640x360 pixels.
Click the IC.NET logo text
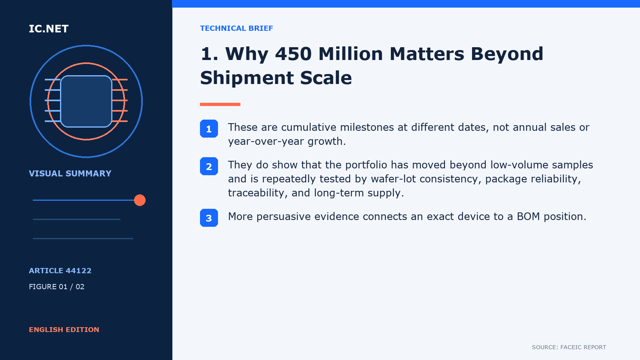coord(48,28)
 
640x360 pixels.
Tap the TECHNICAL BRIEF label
coord(236,28)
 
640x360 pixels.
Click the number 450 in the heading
coord(293,54)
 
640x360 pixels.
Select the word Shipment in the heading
coord(247,78)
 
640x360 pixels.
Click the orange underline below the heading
coord(220,104)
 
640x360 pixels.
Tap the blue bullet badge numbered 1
coord(209,128)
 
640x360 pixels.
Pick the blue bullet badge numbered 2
coord(209,166)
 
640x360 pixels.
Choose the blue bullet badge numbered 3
coord(209,218)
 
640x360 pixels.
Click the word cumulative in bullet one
coord(308,127)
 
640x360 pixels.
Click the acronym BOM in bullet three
coord(528,216)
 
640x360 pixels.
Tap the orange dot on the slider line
coord(140,200)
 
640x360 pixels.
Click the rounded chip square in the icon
coord(86,101)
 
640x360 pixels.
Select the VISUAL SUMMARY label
coord(70,174)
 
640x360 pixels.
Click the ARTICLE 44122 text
coord(60,270)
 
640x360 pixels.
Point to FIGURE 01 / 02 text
coord(56,286)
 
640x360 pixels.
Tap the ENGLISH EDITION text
coord(64,330)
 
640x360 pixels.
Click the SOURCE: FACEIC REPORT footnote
coord(569,347)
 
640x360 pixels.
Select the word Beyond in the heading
coord(507,54)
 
